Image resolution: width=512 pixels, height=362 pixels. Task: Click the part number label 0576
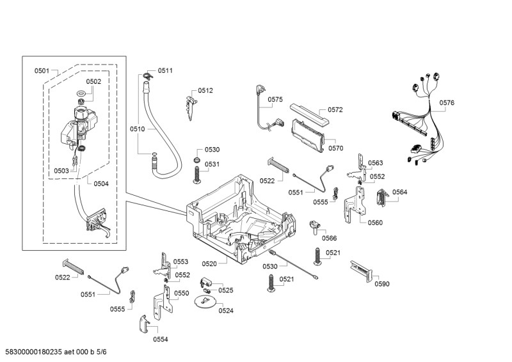click(447, 103)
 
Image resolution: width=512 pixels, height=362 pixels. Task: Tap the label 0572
click(335, 109)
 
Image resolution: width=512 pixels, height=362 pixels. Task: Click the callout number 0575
click(275, 99)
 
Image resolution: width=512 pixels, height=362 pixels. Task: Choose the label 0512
click(205, 91)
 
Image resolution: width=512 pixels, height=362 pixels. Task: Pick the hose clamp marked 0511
click(147, 77)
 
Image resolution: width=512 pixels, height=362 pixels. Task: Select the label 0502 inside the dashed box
click(93, 81)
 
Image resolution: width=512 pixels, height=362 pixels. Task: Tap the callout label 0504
click(101, 184)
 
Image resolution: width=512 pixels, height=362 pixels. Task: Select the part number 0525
click(226, 290)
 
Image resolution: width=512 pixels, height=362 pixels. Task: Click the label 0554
click(160, 339)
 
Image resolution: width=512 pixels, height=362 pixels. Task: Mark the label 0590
click(381, 284)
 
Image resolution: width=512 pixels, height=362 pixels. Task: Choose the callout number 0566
click(330, 238)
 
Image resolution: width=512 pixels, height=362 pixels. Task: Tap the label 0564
click(400, 192)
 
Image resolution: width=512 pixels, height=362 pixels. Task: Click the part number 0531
click(212, 164)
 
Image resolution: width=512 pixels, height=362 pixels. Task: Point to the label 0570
click(336, 148)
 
